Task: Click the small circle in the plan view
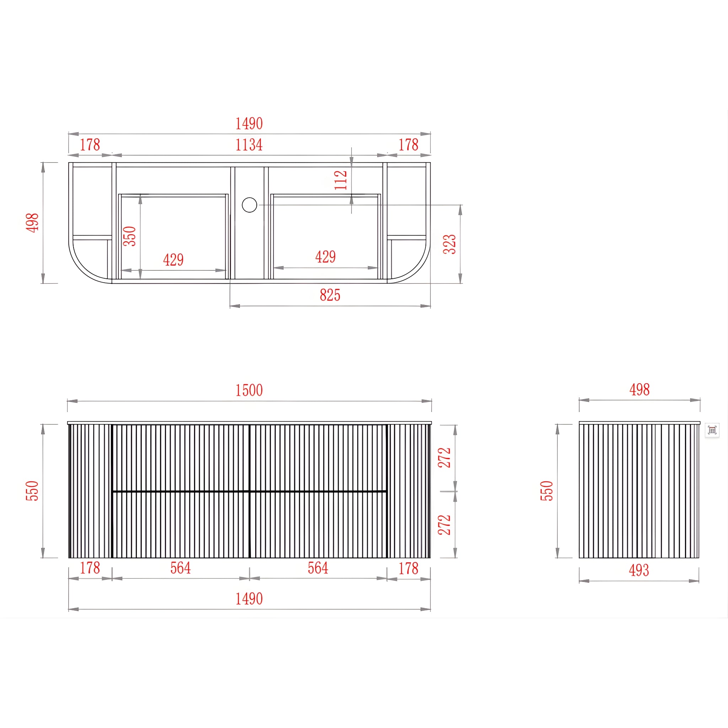point(250,205)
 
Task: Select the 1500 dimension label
point(249,390)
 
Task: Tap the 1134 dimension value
point(249,145)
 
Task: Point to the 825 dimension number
point(330,295)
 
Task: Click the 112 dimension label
point(341,180)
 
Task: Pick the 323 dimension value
point(450,244)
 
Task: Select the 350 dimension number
point(129,236)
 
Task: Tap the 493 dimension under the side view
point(639,570)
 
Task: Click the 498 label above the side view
point(639,390)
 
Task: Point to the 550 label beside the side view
point(547,491)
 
